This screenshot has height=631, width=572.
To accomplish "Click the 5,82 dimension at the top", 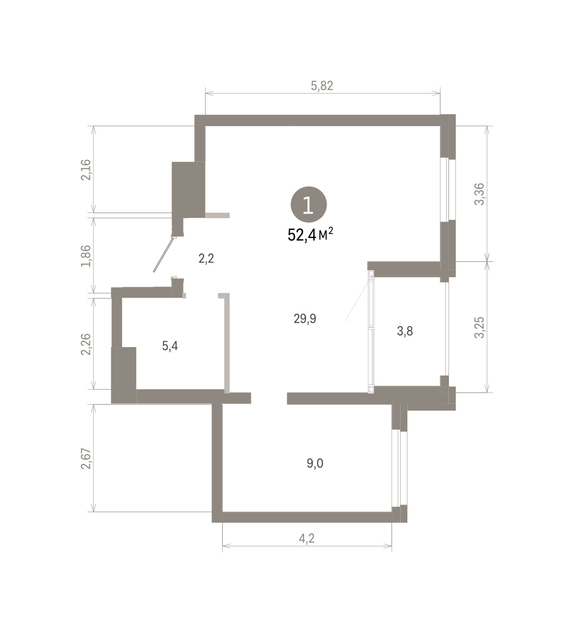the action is tap(322, 86).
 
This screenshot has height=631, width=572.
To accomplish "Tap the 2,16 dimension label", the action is tap(86, 170).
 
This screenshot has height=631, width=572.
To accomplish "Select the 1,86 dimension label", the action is tap(86, 256).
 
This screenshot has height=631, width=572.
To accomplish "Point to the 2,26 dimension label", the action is tap(86, 344).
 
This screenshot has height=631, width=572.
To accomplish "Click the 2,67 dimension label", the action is tap(86, 459).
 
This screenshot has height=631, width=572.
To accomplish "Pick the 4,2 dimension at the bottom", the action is tap(307, 538).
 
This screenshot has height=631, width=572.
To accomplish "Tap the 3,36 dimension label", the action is tap(479, 194).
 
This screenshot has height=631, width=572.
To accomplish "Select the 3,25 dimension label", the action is tap(479, 327).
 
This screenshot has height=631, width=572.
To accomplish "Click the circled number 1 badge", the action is tap(309, 205).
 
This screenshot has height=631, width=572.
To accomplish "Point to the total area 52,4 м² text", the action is tap(310, 235).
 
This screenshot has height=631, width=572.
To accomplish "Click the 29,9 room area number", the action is tap(305, 319).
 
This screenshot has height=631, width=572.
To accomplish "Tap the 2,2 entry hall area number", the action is tap(207, 259).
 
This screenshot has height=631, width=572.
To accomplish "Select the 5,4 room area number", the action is tap(170, 346).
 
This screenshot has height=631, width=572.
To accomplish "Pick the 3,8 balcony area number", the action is tap(405, 331).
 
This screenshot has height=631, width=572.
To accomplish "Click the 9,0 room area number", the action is tap(315, 463).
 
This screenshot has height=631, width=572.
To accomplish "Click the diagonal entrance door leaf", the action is tap(164, 255).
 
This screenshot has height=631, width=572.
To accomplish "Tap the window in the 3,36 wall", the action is tap(448, 189).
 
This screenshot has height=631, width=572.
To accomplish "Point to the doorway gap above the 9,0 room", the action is tap(269, 398).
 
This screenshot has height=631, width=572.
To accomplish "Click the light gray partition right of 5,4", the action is tap(226, 343).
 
